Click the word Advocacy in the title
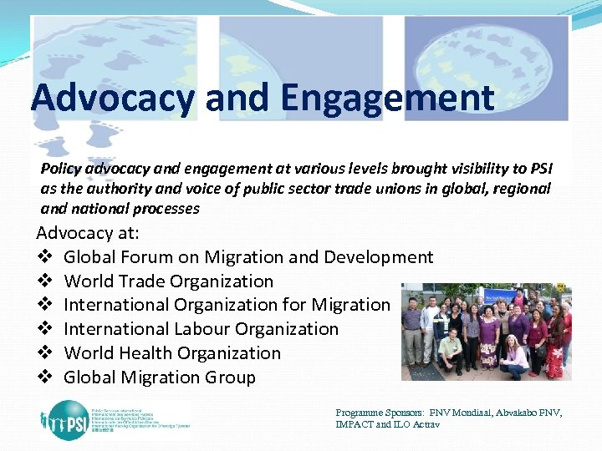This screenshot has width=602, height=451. (113, 99)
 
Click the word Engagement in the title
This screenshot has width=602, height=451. (387, 99)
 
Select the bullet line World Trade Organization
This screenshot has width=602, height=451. (168, 281)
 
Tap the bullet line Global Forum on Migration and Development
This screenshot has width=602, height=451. (248, 257)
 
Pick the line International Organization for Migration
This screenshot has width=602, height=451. (227, 306)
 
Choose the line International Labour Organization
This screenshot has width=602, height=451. (201, 329)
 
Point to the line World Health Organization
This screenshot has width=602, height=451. (172, 353)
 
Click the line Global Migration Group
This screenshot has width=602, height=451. (160, 378)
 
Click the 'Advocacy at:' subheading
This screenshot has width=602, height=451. (88, 232)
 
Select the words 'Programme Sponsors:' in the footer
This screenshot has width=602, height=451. (380, 413)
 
